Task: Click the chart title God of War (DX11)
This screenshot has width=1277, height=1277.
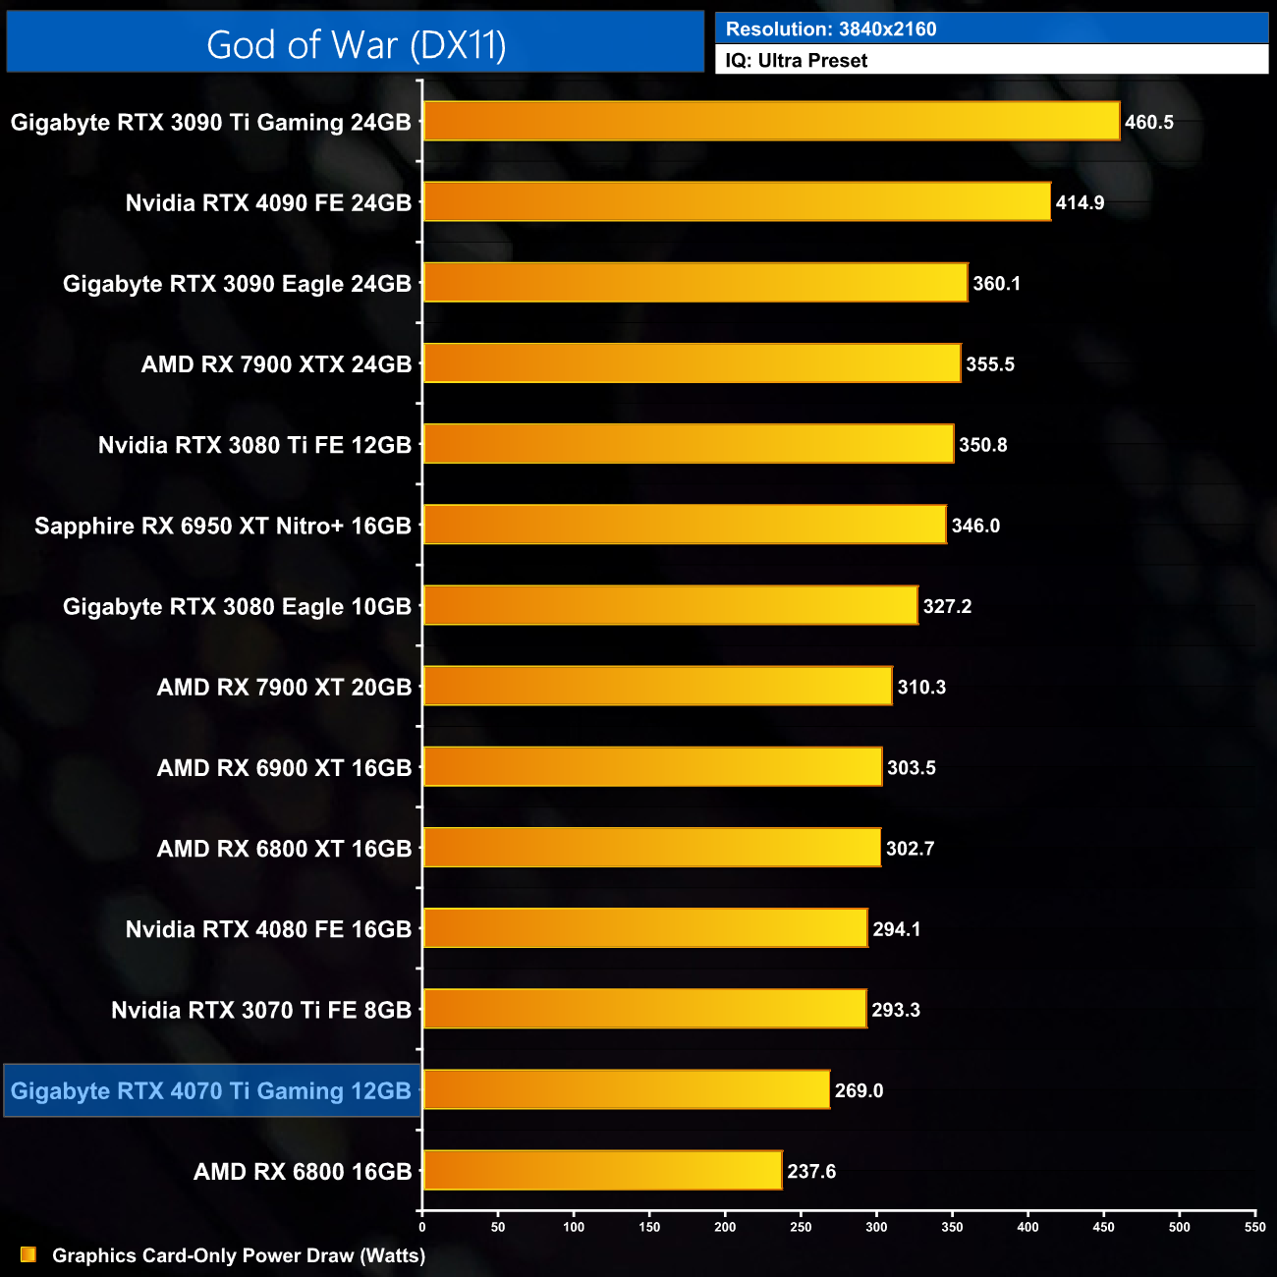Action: click(x=356, y=45)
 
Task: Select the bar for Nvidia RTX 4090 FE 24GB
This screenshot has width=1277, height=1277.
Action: click(x=737, y=202)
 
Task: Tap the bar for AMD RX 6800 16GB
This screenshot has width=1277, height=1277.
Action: click(x=602, y=1171)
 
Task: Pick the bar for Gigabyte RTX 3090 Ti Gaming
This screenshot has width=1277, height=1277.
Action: click(x=771, y=122)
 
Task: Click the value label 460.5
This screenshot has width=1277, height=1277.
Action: click(x=1149, y=123)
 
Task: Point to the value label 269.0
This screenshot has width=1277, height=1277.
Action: click(x=859, y=1091)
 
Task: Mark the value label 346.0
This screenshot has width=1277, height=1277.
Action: click(x=975, y=527)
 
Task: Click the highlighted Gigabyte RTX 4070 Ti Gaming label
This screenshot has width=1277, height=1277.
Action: click(x=211, y=1091)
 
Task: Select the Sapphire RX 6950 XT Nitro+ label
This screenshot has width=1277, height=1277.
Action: click(x=223, y=527)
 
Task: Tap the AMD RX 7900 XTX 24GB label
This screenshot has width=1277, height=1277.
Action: click(x=276, y=364)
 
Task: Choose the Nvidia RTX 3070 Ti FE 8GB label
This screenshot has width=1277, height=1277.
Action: click(x=261, y=1011)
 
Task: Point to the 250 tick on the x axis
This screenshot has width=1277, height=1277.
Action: click(x=801, y=1227)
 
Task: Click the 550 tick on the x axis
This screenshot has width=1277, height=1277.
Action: click(x=1254, y=1227)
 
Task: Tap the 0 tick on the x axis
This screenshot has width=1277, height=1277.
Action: click(x=422, y=1227)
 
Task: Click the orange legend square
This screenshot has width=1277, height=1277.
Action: click(x=28, y=1255)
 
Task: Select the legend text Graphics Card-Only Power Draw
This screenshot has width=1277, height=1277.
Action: click(x=239, y=1255)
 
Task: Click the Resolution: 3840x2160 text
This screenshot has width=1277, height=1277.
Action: click(x=831, y=29)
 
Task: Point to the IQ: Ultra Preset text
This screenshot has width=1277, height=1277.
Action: click(x=797, y=61)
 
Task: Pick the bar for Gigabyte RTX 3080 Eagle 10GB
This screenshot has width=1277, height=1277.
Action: click(x=670, y=606)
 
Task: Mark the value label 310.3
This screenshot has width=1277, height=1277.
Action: click(x=921, y=688)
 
